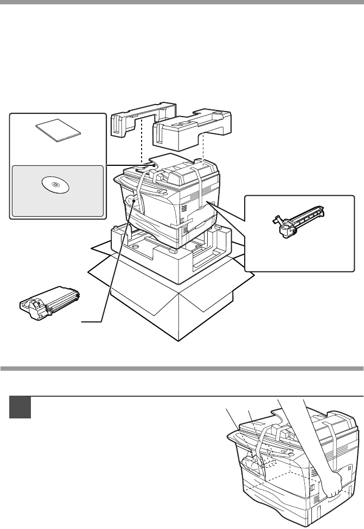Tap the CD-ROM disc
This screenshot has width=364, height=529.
click(x=55, y=185)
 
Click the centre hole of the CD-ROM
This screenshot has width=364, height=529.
click(x=55, y=185)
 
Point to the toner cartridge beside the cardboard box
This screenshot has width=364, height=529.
click(x=49, y=301)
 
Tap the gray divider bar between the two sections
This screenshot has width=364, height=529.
click(x=182, y=369)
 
